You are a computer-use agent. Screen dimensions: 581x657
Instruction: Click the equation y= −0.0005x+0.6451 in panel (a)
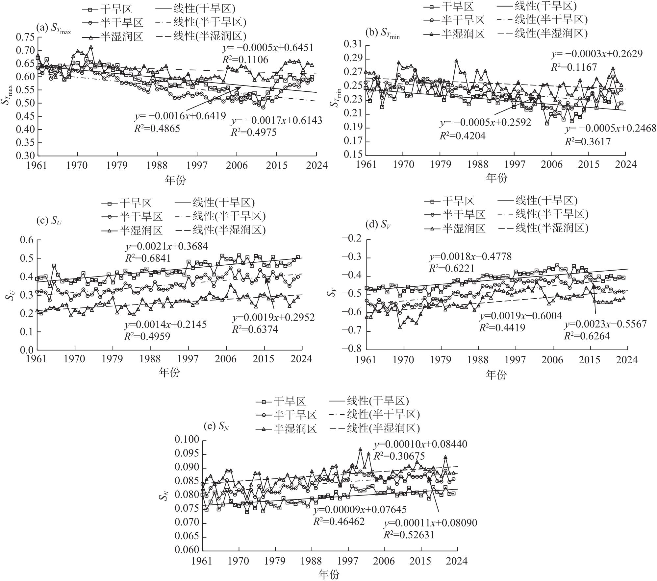tap(268, 48)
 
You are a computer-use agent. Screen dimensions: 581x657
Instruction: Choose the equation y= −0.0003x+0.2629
tap(596, 54)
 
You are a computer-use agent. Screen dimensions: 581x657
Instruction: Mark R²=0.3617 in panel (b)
tap(588, 142)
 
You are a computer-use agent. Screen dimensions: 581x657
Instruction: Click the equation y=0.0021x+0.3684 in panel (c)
tap(166, 247)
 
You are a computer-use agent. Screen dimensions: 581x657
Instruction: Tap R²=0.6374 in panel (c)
tap(255, 329)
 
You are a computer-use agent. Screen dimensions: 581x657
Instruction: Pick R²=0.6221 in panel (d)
tap(451, 268)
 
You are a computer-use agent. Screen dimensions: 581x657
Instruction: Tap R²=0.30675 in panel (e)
tap(399, 456)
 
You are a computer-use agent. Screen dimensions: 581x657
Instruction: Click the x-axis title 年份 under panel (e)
tap(329, 574)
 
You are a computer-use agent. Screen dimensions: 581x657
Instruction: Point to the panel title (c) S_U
tap(49, 221)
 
